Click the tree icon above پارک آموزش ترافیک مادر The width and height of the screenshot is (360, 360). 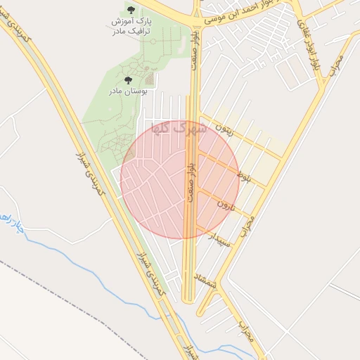[x=131, y=10]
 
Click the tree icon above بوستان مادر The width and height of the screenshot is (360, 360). [x=127, y=81]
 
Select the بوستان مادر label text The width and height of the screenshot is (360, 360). [x=126, y=91]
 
